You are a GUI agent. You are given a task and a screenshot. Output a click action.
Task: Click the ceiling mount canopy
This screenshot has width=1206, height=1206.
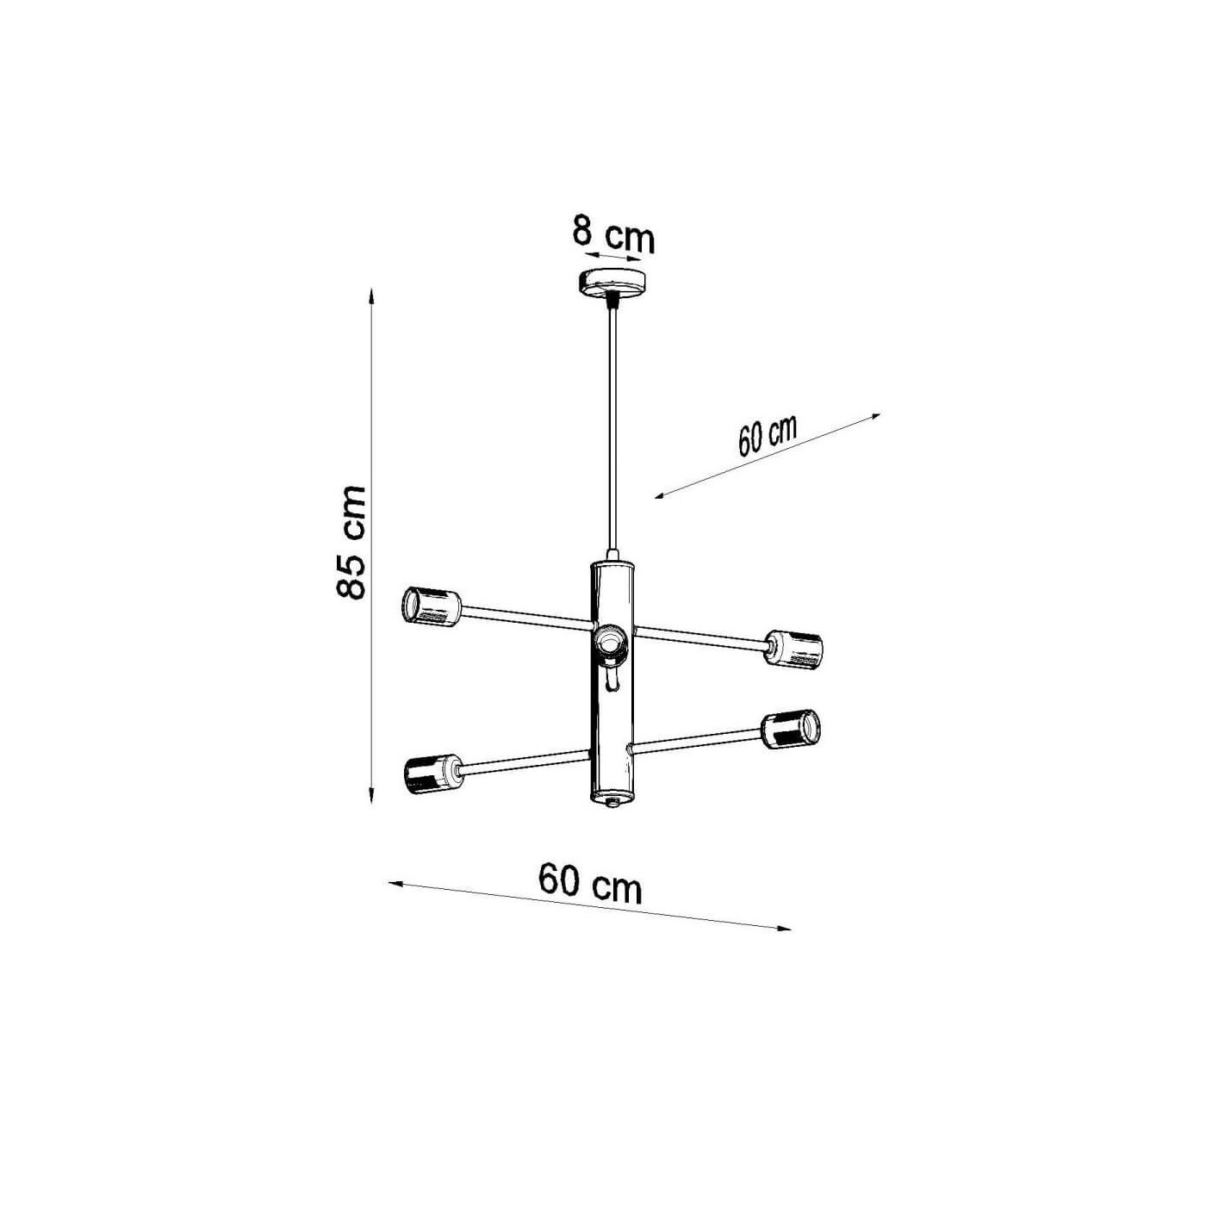tap(612, 284)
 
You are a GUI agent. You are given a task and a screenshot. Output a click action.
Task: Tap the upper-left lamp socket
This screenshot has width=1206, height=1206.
tap(432, 605)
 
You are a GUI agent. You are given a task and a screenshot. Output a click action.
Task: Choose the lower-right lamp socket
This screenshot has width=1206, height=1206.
tap(791, 729)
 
